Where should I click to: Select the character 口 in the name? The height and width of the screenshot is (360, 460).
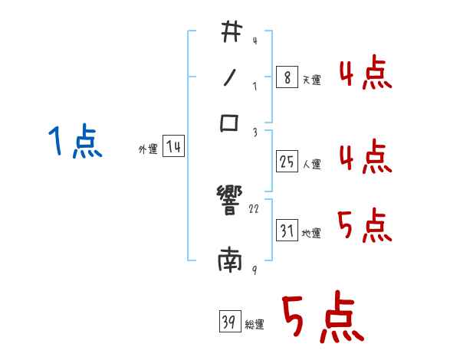pos(230,123)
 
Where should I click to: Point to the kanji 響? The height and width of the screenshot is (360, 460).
pos(230,201)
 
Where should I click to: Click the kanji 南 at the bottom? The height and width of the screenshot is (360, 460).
pos(230,263)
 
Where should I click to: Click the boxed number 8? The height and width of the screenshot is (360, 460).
pos(286,78)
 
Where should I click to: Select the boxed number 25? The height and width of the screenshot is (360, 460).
pos(286,162)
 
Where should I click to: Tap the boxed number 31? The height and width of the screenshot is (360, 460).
pos(286,231)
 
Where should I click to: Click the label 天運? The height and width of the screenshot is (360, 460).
pos(311,80)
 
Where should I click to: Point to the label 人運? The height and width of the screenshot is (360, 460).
pos(311,164)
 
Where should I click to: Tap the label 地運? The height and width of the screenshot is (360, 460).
pos(311,233)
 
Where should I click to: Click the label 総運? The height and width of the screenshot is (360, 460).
pos(255,324)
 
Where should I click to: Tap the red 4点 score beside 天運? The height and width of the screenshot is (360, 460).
pos(365,75)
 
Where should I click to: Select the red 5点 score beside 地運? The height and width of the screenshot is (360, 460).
pos(365,225)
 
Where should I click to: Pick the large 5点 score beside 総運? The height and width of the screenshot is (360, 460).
pos(322,318)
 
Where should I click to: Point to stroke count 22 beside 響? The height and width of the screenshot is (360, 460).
pos(255,208)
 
